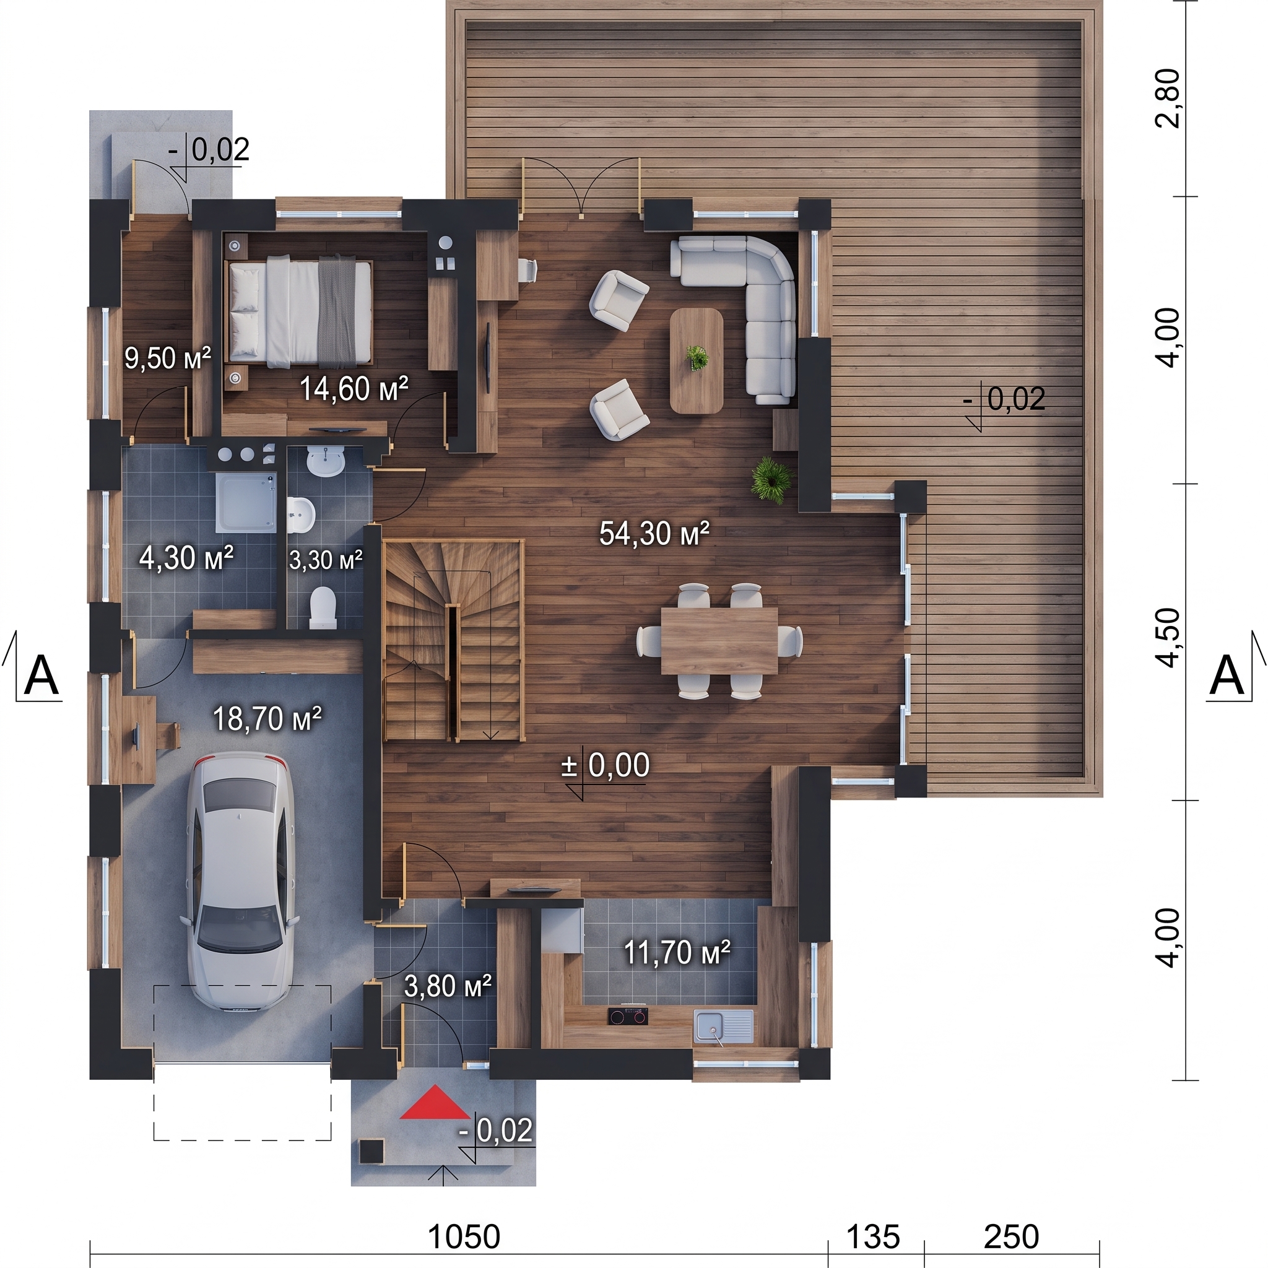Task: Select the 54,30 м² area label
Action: point(654,534)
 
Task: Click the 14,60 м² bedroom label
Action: point(354,389)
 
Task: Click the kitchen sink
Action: point(723,1026)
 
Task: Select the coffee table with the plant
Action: point(697,360)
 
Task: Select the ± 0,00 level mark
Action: point(605,765)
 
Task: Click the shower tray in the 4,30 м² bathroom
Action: point(246,504)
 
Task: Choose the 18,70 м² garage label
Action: point(267,719)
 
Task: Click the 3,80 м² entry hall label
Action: point(448,986)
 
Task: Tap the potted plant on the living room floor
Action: point(773,479)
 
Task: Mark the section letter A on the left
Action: point(41,675)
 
